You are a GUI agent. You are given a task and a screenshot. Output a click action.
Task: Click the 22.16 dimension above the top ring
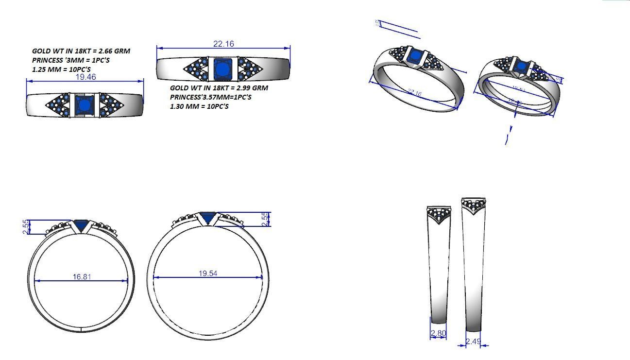pos(223,44)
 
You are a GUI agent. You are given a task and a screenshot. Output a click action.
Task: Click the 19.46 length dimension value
pos(85,77)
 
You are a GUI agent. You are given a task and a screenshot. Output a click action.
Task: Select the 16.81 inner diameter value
pos(82,277)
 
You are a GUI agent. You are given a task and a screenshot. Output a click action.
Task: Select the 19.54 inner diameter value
pos(208,274)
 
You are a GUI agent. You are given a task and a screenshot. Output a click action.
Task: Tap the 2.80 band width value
pos(438,333)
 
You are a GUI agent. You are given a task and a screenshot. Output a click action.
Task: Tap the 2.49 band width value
pos(473,342)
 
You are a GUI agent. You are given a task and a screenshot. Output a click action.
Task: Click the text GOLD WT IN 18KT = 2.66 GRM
pos(81,51)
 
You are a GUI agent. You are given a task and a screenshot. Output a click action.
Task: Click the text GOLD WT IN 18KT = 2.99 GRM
pos(219,88)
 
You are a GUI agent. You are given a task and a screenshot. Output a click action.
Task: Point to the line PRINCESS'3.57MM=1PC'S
pos(210,97)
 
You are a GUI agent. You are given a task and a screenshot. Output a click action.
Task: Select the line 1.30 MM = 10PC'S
pos(199,106)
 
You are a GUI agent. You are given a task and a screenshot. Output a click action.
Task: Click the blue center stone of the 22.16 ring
pos(222,69)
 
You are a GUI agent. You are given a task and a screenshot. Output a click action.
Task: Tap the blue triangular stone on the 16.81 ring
pos(81,225)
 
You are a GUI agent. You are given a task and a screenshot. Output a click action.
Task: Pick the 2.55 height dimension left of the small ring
pos(27,227)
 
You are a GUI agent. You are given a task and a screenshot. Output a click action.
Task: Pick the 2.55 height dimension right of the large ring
pos(265,219)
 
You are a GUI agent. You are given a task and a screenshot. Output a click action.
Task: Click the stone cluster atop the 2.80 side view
pos(439,213)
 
